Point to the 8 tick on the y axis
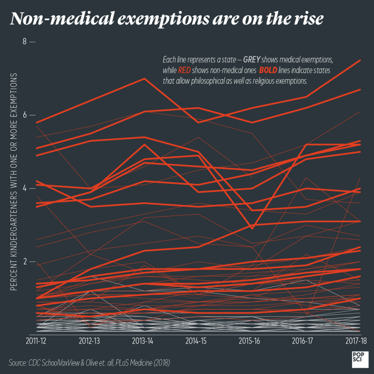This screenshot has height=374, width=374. point(25,42)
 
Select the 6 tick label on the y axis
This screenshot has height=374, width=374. point(25,115)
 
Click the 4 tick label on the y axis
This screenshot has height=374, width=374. point(25,188)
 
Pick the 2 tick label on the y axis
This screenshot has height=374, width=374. point(25,261)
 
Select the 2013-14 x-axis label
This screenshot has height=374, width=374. point(144,341)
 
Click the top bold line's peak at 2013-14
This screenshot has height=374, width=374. point(144,79)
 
